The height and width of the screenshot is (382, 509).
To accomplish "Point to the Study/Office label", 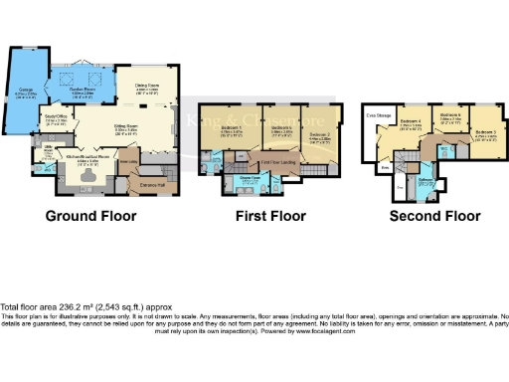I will pyautogui.click(x=57, y=121).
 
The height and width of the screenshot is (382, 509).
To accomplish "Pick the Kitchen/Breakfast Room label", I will pyautogui.click(x=89, y=157).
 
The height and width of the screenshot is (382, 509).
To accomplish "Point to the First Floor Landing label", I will pyautogui.click(x=279, y=162).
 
